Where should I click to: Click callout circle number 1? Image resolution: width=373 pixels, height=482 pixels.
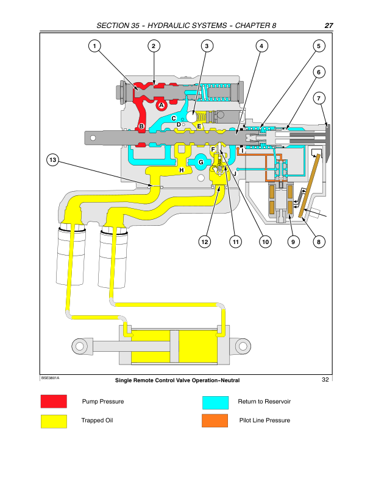94,46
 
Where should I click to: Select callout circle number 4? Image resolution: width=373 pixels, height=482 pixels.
261,46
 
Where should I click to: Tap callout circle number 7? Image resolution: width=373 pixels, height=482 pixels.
318,98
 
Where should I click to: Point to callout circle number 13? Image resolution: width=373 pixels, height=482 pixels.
53,160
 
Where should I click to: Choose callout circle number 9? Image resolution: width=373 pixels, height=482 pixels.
293,242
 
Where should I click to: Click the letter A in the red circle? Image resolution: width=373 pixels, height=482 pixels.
162,105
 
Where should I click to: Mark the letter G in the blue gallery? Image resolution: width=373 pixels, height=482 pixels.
201,162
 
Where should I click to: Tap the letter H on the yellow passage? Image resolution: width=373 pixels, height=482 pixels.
181,170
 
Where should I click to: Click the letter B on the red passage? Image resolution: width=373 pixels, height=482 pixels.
141,127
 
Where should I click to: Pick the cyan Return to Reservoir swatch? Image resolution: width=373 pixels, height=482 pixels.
215,402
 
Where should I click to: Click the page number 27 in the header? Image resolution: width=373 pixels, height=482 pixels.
329,26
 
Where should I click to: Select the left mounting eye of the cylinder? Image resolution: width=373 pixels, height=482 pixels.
80,346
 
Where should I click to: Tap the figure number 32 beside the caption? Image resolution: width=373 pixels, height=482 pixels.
325,380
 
